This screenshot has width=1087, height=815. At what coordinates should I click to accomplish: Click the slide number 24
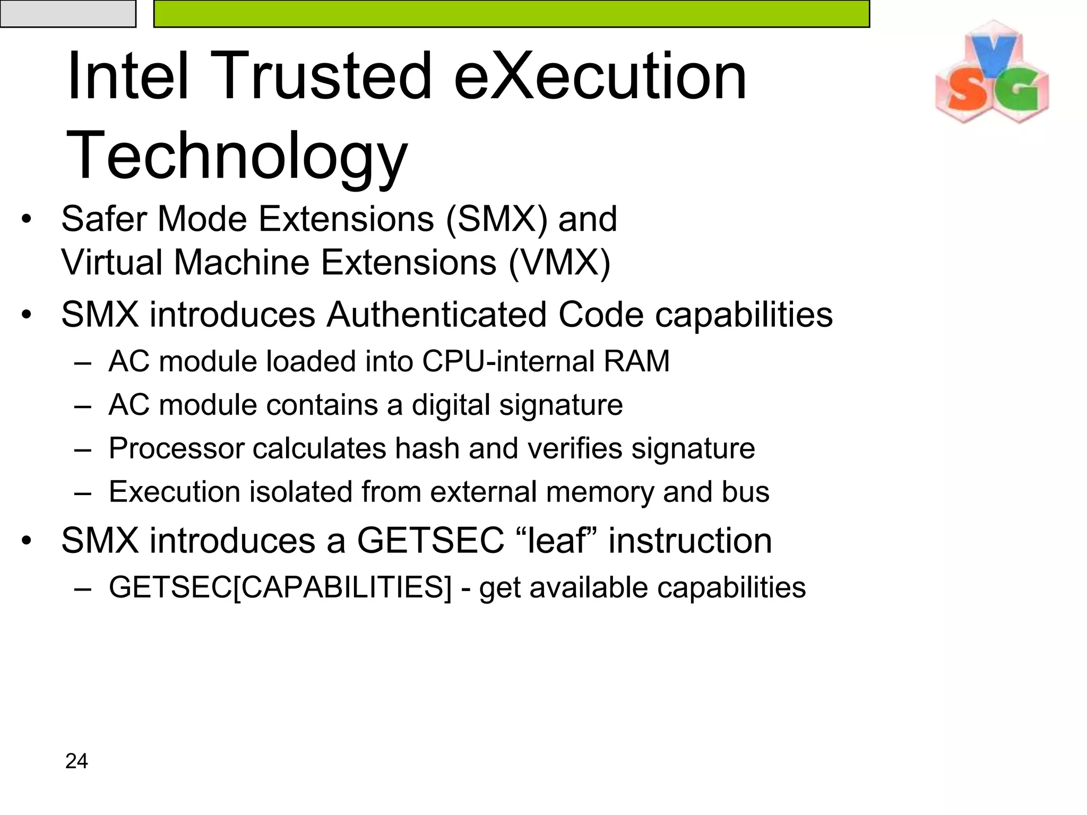point(76,761)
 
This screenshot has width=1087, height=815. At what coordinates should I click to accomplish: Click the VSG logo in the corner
point(991,73)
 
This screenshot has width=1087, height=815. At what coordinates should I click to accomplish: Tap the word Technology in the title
point(237,155)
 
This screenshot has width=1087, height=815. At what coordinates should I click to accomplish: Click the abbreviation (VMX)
point(559,263)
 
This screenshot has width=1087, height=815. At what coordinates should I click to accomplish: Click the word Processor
point(177,449)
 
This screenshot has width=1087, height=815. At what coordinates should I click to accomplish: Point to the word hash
point(427,449)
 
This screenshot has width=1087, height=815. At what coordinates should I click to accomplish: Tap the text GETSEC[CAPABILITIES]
point(280,588)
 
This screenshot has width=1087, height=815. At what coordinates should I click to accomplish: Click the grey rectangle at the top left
point(68,13)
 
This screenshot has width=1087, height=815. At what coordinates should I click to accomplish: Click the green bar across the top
point(511,13)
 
